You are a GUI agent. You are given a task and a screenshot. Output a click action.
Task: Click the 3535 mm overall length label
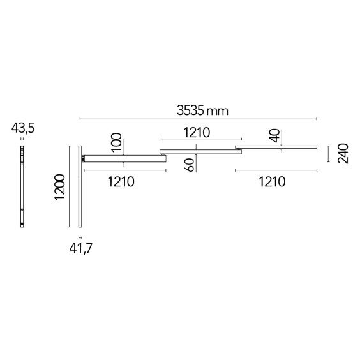202,110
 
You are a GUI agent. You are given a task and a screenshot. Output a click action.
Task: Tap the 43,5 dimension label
23,128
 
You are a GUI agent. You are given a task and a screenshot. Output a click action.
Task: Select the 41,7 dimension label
81,248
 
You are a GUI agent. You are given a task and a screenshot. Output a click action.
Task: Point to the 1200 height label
60,188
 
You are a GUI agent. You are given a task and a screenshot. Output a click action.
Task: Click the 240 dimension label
343,153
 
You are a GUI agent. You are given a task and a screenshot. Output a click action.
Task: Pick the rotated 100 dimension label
116,142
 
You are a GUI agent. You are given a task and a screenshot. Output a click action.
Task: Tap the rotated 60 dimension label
190,165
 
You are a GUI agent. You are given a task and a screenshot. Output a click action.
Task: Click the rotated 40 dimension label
274,136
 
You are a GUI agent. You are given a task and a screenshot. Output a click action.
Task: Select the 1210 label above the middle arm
197,133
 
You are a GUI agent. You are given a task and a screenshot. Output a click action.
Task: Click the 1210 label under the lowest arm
121,182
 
